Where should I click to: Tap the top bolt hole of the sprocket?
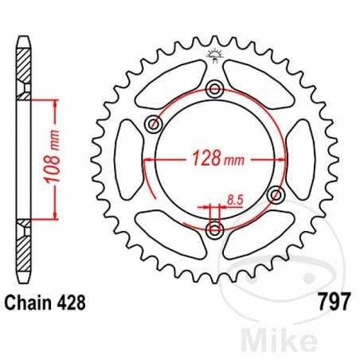click(x=214, y=89)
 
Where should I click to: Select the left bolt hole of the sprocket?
click(x=154, y=125)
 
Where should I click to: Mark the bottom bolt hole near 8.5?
click(x=214, y=230)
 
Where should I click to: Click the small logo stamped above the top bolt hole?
click(x=214, y=55)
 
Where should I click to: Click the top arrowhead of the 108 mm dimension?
click(x=57, y=102)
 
